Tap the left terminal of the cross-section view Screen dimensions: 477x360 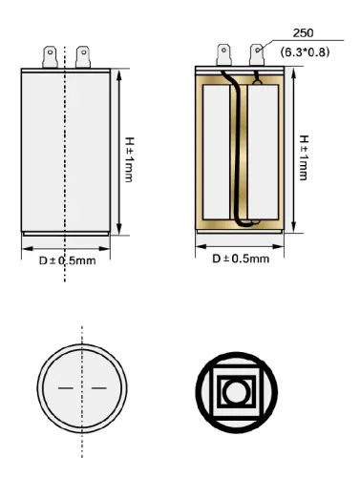224,53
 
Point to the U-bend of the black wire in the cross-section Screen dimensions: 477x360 243,225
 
